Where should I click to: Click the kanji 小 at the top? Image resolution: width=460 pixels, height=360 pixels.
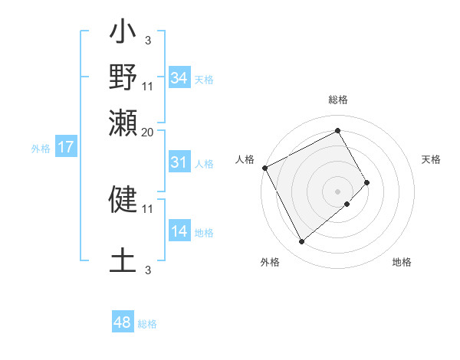123,33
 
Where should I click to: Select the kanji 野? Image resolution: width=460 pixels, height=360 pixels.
123,77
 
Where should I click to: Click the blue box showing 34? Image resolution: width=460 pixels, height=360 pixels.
179,78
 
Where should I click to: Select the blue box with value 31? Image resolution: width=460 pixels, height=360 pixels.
179,162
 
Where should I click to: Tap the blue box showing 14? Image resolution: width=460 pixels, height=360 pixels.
179,232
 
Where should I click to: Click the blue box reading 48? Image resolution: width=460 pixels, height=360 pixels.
122,322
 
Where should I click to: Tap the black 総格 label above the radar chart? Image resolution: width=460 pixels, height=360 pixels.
337,100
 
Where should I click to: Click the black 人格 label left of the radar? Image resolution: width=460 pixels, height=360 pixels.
245,159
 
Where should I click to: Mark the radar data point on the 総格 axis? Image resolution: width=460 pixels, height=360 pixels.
337,129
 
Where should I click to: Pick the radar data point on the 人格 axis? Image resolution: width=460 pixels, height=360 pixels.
264,168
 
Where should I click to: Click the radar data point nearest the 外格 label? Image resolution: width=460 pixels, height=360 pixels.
301,242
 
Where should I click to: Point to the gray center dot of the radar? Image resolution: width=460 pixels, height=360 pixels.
337,191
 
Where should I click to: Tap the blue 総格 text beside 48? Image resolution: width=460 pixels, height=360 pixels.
147,324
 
